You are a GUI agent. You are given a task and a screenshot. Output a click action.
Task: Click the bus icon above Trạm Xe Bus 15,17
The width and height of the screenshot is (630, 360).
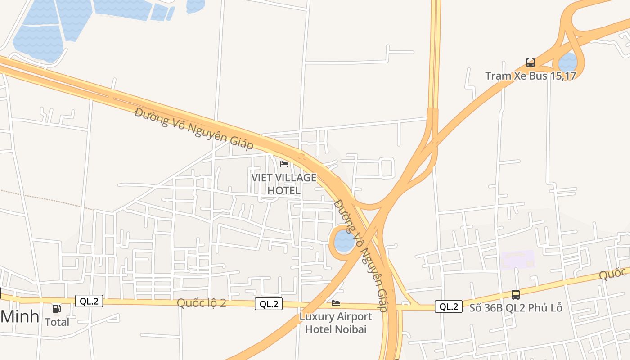(x=531, y=63)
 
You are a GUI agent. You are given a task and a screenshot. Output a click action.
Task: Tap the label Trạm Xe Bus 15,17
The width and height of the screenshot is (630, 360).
(x=531, y=76)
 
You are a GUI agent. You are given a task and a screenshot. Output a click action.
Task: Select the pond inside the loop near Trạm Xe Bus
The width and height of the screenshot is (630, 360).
(x=568, y=63)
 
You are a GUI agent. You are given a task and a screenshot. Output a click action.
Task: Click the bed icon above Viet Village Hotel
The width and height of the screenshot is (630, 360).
(x=284, y=164)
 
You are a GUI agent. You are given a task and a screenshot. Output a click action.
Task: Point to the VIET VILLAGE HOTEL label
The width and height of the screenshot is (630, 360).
(x=284, y=184)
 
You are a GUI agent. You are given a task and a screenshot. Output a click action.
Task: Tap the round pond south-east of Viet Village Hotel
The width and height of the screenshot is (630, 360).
(x=345, y=241)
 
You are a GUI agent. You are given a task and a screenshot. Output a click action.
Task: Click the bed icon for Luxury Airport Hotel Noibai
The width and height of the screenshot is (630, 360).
(x=336, y=303)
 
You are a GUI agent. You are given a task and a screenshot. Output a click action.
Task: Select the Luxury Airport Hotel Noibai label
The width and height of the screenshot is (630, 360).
(x=336, y=323)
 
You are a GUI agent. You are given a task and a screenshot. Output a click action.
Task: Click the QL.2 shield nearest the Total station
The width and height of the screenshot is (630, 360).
(x=89, y=301)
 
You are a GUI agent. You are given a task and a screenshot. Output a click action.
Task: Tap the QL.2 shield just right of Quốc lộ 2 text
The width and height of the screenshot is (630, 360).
(x=269, y=304)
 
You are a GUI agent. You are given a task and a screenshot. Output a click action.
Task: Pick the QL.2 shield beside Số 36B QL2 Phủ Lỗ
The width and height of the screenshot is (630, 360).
(x=449, y=307)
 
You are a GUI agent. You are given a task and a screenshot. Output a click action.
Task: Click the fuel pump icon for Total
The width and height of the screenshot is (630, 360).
(x=57, y=309)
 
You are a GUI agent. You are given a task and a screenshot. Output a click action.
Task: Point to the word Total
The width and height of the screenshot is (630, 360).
(x=57, y=322)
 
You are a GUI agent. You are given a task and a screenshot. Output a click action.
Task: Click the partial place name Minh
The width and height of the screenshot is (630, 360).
(x=20, y=317)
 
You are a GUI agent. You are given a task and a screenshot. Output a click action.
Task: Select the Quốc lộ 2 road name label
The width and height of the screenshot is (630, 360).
(x=201, y=303)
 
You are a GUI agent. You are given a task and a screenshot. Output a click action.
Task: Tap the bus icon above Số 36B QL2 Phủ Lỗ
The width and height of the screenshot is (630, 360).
(x=516, y=295)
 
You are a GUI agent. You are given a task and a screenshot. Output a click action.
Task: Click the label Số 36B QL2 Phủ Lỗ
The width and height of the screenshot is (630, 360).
(x=516, y=308)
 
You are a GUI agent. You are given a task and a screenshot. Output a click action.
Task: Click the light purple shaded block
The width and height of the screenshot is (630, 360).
(x=517, y=260)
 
